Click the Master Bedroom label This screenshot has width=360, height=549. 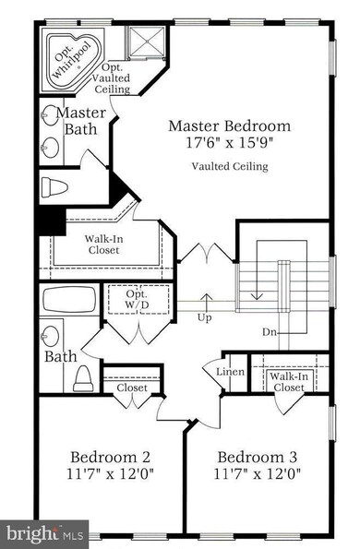click(229, 126)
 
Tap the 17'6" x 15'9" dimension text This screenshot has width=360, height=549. click(229, 142)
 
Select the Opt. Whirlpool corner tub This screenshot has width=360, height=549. click(74, 60)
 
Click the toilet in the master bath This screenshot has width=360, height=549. click(54, 187)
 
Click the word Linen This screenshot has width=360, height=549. click(230, 372)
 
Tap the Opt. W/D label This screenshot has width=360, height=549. click(137, 299)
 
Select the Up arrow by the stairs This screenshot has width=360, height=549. click(207, 303)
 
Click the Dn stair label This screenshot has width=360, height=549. click(270, 332)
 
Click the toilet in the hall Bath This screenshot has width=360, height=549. click(83, 378)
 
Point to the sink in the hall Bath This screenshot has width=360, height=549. click(51, 336)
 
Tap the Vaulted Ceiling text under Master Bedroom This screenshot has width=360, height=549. click(230, 166)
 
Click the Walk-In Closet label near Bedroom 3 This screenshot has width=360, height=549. click(289, 382)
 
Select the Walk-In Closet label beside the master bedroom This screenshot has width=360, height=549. click(103, 245)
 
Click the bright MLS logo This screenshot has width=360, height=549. click(45, 534)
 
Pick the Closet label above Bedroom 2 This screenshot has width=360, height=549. click(132, 388)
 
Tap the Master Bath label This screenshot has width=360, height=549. click(81, 121)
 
